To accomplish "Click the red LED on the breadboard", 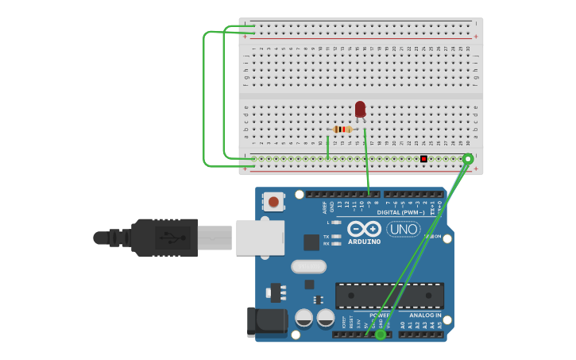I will pos(360,109).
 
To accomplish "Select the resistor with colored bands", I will pos(342,130).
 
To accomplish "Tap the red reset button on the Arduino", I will pos(273,202).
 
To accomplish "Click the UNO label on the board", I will pos(403,229).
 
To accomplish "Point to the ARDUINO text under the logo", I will pos(364,241).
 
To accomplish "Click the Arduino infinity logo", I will pos(365,229).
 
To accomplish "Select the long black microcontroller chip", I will pos(389,296).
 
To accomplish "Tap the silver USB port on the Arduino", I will pos(260,238).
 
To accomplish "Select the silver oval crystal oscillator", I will pos(308,266).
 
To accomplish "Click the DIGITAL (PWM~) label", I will pos(400,212).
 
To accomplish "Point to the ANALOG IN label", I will pos(421,315).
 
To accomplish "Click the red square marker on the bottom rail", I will pos(423,159).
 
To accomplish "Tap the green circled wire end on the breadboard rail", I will pos(468,159).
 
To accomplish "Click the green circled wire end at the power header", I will pos(381,335).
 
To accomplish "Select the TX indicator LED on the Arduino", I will pos(337,236).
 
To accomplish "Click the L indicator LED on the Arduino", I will pos(337,223).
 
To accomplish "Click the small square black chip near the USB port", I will pos(311,242).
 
